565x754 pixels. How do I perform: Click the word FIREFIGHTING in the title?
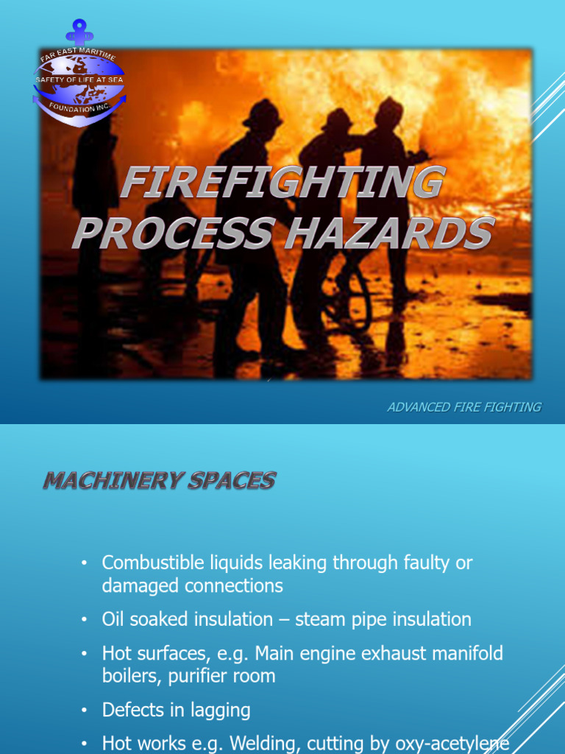point(283,184)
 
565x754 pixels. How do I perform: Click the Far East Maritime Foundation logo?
point(79,83)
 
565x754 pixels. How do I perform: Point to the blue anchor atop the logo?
point(78,32)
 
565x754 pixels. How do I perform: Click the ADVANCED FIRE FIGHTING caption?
point(464,407)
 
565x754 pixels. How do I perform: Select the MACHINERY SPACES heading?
point(159,482)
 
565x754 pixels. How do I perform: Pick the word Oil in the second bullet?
point(113,620)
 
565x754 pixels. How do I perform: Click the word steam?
point(319,620)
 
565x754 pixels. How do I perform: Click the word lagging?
point(219,711)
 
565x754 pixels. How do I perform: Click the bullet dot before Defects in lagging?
point(85,711)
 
